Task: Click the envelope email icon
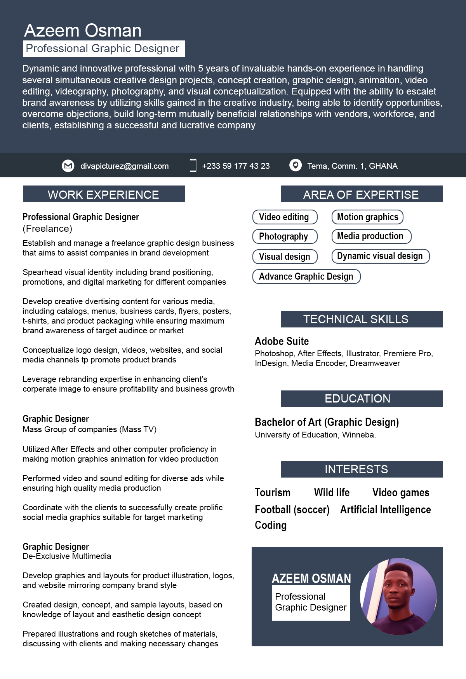pos(68,166)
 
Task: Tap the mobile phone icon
pos(193,165)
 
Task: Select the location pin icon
pos(296,165)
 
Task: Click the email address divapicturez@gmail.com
pos(124,166)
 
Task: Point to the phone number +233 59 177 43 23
pos(236,166)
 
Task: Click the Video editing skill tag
pos(285,217)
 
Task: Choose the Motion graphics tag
pos(367,217)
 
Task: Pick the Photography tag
pos(285,236)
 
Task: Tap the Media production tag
pos(371,236)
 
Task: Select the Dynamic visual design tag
pos(380,256)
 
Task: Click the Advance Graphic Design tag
pos(306,276)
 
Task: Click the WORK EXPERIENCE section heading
pos(104,194)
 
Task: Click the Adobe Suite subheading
pos(282,341)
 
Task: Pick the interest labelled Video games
pos(400,493)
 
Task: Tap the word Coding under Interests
pos(271,525)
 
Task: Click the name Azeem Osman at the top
pos(83,30)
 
